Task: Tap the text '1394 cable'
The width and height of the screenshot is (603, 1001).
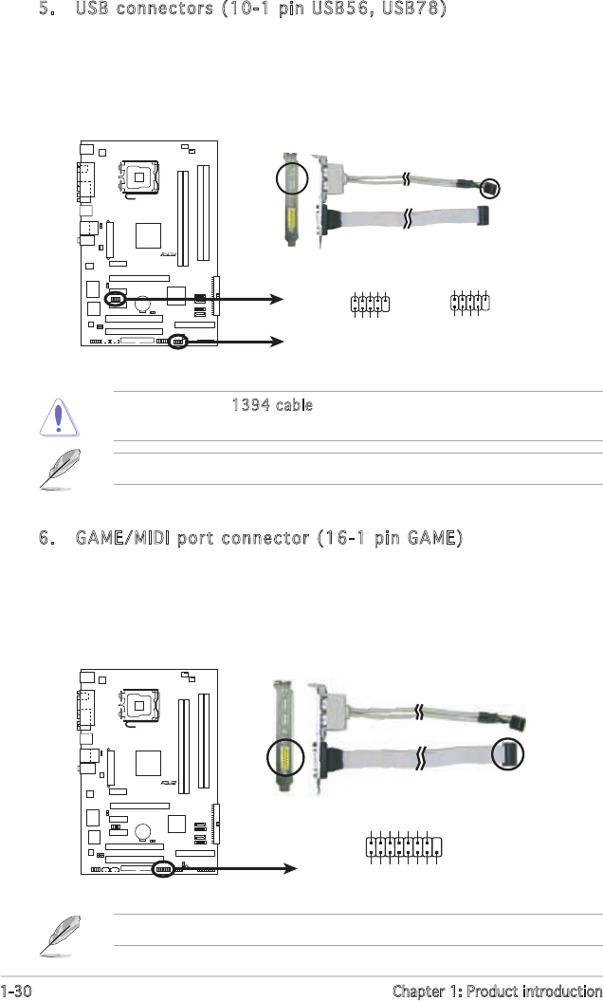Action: (x=272, y=405)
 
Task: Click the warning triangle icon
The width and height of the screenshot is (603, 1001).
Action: (x=59, y=417)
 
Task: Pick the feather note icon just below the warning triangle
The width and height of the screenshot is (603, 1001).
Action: (x=60, y=469)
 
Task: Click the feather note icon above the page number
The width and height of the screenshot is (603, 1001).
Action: (x=60, y=935)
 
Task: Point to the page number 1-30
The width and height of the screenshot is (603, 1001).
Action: (x=16, y=991)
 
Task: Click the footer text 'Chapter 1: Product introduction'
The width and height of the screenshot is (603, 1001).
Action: (x=497, y=991)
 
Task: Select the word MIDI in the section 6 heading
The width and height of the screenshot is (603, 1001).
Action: (x=149, y=538)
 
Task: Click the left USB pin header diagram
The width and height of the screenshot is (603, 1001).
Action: (x=370, y=304)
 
